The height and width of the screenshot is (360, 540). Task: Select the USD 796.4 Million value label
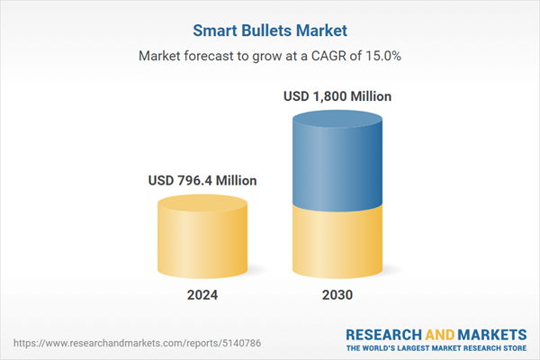click(x=202, y=181)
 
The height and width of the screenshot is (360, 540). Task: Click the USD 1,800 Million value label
click(x=337, y=95)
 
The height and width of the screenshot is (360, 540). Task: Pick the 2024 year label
click(x=202, y=295)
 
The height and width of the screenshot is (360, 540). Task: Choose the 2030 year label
click(x=337, y=295)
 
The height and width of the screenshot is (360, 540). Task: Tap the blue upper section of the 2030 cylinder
click(x=337, y=162)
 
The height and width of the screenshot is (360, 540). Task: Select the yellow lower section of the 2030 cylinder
click(x=337, y=243)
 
